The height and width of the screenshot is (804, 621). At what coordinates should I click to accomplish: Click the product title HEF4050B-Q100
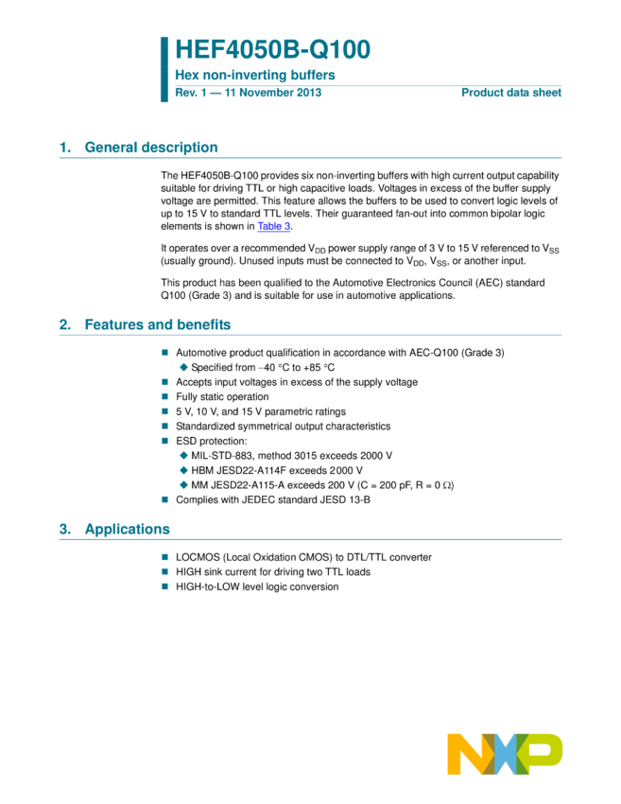coord(272,49)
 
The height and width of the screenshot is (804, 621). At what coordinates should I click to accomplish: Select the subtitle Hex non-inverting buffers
coord(255,75)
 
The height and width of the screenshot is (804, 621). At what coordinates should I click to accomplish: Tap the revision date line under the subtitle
coord(248,92)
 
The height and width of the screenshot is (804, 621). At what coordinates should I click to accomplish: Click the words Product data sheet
coord(510,92)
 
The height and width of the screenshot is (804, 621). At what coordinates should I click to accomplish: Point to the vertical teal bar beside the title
coord(164,69)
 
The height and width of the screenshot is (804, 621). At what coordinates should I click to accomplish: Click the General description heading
coord(151,147)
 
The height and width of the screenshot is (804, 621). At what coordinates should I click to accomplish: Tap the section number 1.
coord(64,147)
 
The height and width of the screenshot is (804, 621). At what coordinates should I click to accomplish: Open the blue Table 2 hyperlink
coord(274,226)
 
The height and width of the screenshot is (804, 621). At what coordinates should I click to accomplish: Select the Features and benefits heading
coord(158,323)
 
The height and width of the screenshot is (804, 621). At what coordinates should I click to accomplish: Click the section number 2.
coord(64,323)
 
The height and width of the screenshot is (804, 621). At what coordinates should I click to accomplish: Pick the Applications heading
coord(128,529)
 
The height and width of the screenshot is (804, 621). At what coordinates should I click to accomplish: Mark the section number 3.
coord(64,529)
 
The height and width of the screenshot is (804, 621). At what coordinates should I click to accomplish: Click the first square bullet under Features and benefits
coord(164,352)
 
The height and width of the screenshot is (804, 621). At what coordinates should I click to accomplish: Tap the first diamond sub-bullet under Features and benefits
coord(183,367)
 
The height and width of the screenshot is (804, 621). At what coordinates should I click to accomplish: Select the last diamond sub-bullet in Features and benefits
coord(183,484)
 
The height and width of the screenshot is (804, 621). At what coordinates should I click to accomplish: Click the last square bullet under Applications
coord(164,586)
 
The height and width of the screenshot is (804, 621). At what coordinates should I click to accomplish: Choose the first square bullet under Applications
coord(164,557)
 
